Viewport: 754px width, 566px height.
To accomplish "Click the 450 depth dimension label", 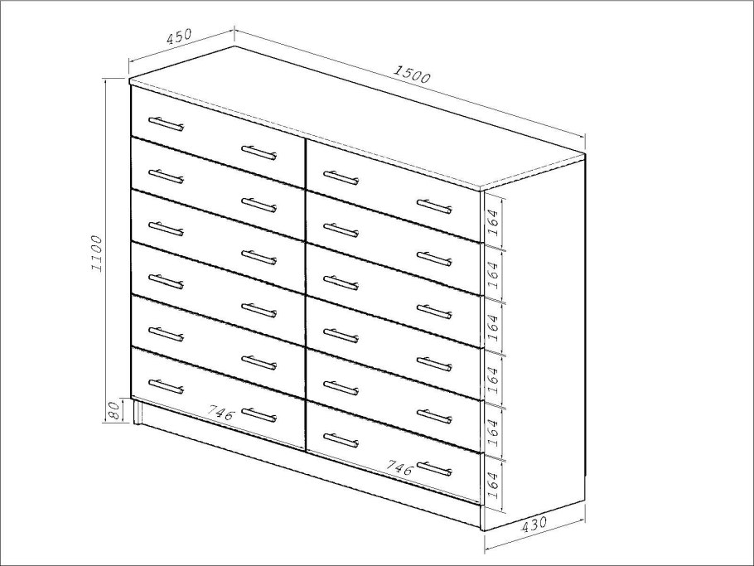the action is click(179, 36).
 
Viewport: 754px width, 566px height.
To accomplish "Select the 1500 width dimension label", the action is click(412, 74).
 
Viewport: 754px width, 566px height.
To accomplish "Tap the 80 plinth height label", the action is click(114, 412).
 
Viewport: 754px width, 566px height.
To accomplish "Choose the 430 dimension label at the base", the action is click(534, 524).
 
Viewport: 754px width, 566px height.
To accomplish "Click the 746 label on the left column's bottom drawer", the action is click(221, 413).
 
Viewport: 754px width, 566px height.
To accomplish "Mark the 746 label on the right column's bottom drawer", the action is click(400, 467).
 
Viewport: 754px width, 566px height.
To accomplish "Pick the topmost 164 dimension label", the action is click(493, 222).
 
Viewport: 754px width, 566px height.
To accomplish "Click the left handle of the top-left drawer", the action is click(166, 123).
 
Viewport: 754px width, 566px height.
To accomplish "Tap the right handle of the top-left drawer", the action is click(259, 152).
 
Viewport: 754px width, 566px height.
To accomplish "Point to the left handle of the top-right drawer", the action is click(341, 177).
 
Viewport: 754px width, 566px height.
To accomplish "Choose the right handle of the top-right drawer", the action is click(435, 206).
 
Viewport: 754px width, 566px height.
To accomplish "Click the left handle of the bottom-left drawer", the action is click(166, 386).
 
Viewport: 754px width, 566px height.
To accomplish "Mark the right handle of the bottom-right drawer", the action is click(435, 468).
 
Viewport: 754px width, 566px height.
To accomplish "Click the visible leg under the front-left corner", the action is click(138, 412).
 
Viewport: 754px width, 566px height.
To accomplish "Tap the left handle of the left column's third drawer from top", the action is click(166, 229).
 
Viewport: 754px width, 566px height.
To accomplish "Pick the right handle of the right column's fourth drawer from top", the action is click(435, 364).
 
